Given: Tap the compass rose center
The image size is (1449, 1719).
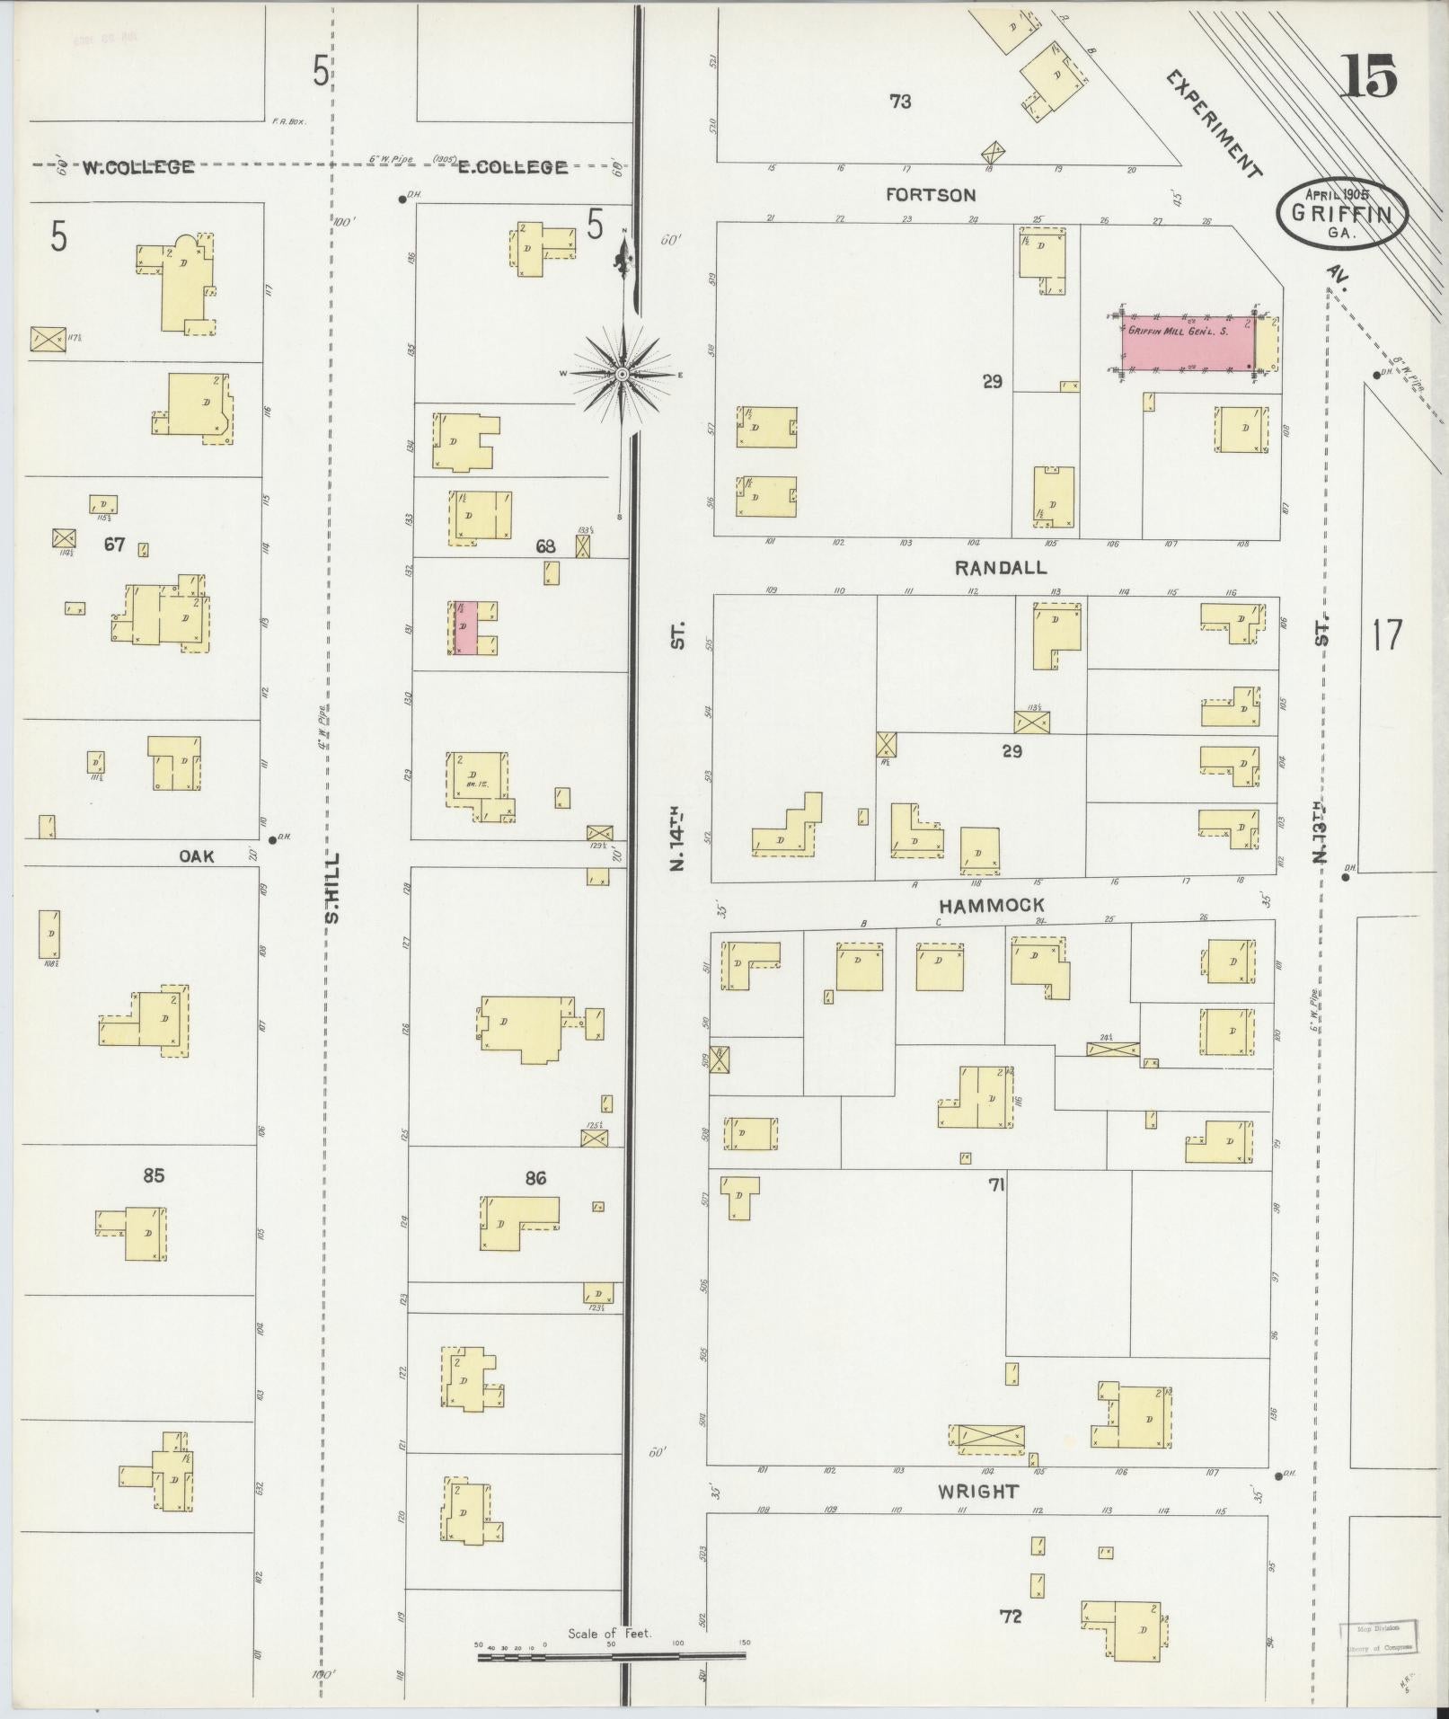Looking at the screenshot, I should (x=622, y=374).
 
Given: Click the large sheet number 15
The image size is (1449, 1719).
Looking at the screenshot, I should (x=1370, y=75).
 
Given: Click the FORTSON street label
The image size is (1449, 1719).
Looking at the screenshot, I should (x=930, y=195).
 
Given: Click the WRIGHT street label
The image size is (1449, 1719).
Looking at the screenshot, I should (x=978, y=1492).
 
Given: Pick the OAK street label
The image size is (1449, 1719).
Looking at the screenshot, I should (x=197, y=856).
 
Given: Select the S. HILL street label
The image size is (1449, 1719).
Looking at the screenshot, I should (x=331, y=888).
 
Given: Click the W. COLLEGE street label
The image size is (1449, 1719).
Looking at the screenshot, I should (x=138, y=167).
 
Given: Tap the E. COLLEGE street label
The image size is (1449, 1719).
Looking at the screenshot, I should (x=512, y=167).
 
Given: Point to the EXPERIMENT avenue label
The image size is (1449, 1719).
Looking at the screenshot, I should (x=1213, y=124).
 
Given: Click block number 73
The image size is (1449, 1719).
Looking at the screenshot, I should (x=900, y=102).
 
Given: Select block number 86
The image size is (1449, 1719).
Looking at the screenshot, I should (x=535, y=1178).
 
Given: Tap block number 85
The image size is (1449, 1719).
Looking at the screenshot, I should (x=154, y=1175).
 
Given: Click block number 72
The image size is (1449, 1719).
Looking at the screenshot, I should (x=1011, y=1617).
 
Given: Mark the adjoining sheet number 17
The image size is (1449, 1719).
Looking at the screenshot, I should (x=1385, y=635).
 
